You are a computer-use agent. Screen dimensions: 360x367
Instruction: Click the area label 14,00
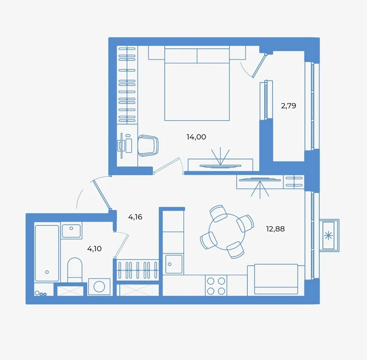click(x=196, y=137)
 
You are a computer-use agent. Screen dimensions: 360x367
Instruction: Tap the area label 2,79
click(x=288, y=105)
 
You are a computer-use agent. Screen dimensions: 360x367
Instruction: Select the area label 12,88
click(x=275, y=229)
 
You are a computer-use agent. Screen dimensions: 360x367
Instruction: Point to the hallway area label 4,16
click(x=135, y=217)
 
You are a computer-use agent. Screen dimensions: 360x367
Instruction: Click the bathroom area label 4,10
click(x=94, y=248)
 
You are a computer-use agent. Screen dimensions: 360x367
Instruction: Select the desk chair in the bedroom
click(x=148, y=145)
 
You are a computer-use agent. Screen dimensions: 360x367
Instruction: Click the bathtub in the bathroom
click(x=47, y=253)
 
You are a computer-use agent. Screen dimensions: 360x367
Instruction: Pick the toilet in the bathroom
click(x=75, y=270)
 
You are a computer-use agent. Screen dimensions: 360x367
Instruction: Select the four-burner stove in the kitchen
click(x=216, y=285)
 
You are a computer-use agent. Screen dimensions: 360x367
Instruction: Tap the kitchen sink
click(x=174, y=264)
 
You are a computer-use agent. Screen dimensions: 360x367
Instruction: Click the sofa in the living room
click(x=276, y=279)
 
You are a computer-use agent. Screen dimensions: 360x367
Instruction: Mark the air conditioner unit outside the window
click(x=329, y=234)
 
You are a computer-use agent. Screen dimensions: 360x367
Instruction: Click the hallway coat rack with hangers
click(x=138, y=270)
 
